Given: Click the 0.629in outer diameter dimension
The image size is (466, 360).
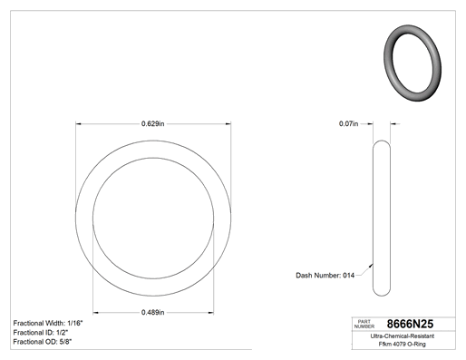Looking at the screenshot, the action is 153,123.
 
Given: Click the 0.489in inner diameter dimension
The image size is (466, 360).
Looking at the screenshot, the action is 153,312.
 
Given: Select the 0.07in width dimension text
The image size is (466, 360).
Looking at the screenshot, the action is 348,123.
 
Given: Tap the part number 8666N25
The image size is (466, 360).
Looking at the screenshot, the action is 410,324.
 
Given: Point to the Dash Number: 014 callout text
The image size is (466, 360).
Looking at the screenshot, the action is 325,276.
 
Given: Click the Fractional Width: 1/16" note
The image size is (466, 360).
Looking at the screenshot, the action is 48,323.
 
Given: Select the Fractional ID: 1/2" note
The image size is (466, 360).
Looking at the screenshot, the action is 41,333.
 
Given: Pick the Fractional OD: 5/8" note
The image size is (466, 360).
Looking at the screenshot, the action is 43,342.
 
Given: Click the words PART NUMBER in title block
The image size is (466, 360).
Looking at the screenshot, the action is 364,324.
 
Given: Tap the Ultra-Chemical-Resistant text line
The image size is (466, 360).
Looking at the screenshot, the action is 403,336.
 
